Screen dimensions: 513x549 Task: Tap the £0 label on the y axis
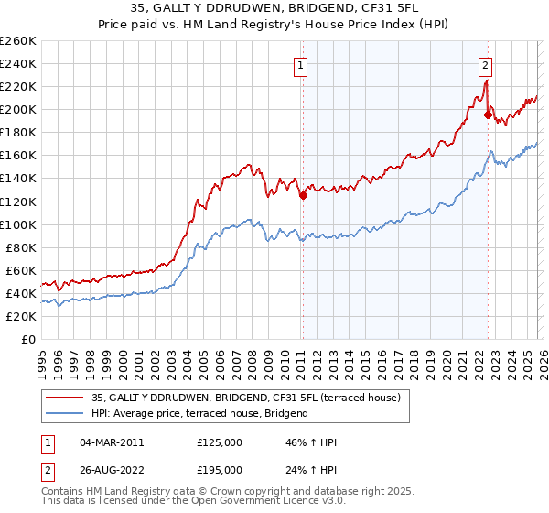coord(28,339)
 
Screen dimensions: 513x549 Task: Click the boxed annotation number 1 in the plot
coord(300,64)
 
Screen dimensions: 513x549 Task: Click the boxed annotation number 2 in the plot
coord(484,64)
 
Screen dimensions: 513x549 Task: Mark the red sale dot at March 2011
coord(303,195)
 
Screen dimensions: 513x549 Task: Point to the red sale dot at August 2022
coord(488,115)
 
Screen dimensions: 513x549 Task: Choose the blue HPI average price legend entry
coord(199,413)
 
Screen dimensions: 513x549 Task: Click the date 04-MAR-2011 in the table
coord(111,442)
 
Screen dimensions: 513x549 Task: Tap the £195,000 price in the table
coord(220,471)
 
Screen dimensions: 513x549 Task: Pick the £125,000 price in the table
coord(220,442)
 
